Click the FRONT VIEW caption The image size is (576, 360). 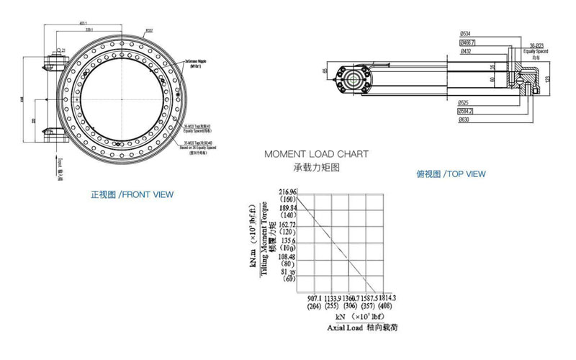132,194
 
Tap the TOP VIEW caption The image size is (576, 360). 451,174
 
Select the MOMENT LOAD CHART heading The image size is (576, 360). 316,154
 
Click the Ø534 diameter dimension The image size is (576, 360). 466,34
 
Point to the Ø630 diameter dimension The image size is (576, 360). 464,120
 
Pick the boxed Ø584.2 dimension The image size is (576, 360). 466,112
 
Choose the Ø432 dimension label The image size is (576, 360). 466,51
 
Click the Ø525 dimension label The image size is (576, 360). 464,103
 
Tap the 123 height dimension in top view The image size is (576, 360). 548,78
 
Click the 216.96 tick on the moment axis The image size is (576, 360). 287,191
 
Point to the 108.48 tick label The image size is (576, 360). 287,257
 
